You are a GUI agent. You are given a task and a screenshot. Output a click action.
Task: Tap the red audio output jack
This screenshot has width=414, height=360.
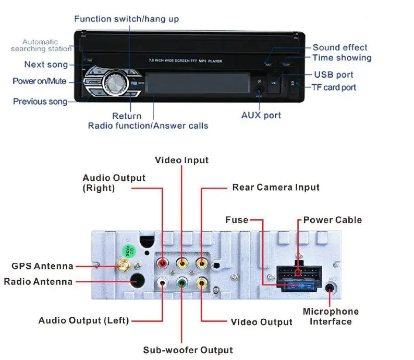tap(163, 263)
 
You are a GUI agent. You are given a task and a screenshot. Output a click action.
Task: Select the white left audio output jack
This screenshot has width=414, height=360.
tap(163, 284)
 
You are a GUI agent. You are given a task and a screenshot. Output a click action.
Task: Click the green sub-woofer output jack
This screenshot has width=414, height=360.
tap(181, 284)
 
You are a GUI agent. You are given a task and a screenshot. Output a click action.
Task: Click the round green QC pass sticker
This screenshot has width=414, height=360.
tap(130, 252)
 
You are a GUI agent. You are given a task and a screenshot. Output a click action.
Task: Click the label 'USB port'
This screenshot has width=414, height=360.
tap(333, 75)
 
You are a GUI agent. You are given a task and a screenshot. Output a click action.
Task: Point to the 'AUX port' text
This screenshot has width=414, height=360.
tap(261, 115)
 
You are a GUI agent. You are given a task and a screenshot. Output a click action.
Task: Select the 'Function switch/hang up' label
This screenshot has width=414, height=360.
tap(126, 19)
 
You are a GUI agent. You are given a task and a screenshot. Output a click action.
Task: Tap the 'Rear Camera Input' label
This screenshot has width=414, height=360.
tap(276, 187)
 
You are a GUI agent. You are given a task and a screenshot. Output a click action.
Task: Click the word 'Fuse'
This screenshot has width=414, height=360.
tap(237, 220)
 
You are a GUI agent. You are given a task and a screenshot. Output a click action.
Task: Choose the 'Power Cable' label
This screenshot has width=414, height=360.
tap(332, 220)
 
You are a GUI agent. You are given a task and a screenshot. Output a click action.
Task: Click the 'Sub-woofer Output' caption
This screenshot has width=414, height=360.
tap(188, 350)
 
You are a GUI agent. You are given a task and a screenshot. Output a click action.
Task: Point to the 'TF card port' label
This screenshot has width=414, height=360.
tap(334, 87)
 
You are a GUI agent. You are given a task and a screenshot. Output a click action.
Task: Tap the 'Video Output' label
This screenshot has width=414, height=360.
tap(261, 322)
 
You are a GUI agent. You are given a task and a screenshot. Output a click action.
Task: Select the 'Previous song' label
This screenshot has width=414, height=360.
tap(40, 102)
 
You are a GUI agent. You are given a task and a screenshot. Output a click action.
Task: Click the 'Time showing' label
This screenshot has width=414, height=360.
tap(342, 58)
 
